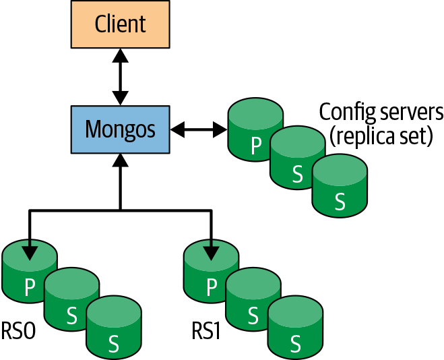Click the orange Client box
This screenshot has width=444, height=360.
(120, 24)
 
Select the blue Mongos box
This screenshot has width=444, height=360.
(120, 128)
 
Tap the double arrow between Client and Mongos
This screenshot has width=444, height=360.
(120, 76)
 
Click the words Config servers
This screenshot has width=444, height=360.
(381, 111)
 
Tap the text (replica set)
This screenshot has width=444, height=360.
(381, 136)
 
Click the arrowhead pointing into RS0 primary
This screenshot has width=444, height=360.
(29, 253)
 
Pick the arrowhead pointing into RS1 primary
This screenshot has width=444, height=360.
(211, 253)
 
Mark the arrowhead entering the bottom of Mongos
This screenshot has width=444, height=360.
(120, 160)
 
